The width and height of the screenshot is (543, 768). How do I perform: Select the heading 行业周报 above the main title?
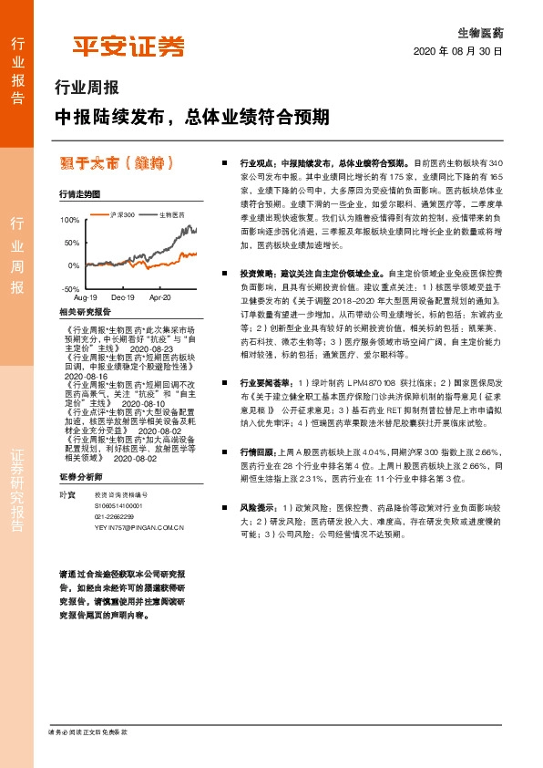(x=87, y=89)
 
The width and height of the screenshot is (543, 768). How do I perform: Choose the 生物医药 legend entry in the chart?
(x=167, y=214)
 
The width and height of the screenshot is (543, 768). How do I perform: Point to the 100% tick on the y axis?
(x=69, y=221)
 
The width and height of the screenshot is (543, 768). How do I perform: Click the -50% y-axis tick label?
(x=69, y=287)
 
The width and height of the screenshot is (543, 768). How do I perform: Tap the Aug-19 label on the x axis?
(x=85, y=297)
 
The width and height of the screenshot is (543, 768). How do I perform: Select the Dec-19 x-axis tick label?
(x=122, y=297)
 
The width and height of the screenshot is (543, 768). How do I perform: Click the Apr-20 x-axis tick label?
(x=159, y=297)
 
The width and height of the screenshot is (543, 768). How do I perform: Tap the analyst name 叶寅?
(x=64, y=494)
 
